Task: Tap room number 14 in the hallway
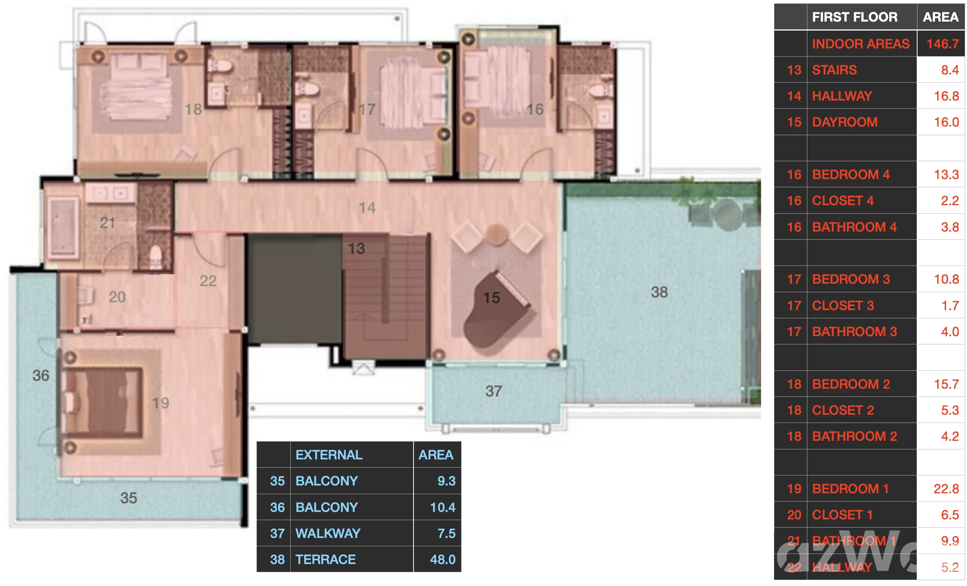pyautogui.click(x=367, y=208)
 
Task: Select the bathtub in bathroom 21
pyautogui.click(x=63, y=227)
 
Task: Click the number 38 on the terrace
pyautogui.click(x=659, y=292)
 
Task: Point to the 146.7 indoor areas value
pyautogui.click(x=943, y=44)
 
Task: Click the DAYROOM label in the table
pyautogui.click(x=845, y=122)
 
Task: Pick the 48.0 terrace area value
pyautogui.click(x=443, y=559)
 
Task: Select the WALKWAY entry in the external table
pyautogui.click(x=328, y=533)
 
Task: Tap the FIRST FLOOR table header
pyautogui.click(x=854, y=17)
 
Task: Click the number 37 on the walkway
pyautogui.click(x=494, y=391)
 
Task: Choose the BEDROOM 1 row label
pyautogui.click(x=850, y=489)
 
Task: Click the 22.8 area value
pyautogui.click(x=946, y=489)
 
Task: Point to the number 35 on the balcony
pyautogui.click(x=129, y=498)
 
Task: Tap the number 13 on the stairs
pyautogui.click(x=356, y=248)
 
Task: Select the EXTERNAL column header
pyautogui.click(x=329, y=455)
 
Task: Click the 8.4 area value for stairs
pyautogui.click(x=950, y=70)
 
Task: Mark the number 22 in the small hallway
pyautogui.click(x=208, y=281)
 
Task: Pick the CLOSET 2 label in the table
pyautogui.click(x=843, y=410)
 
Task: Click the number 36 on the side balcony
pyautogui.click(x=41, y=376)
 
